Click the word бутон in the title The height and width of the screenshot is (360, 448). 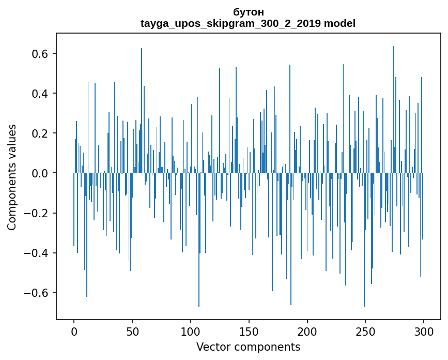248,12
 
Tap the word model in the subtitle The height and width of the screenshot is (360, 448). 340,23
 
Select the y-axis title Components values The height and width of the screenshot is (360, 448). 12,177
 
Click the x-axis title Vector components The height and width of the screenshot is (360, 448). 248,347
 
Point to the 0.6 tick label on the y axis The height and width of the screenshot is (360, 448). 38,54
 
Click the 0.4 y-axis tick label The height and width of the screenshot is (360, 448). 38,94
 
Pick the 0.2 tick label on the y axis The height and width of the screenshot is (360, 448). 38,133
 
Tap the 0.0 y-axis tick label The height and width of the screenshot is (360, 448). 38,173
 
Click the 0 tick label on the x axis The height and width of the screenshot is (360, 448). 74,331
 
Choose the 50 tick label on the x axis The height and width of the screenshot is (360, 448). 132,331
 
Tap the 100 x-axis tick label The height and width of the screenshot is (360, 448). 191,331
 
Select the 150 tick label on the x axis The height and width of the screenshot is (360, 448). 249,331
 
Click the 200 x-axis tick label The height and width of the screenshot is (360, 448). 307,331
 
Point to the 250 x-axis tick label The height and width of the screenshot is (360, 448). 366,331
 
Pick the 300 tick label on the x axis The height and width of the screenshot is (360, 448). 424,331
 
